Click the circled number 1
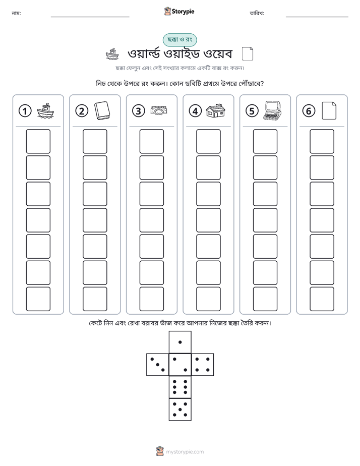click(x=25, y=111)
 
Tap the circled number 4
click(x=195, y=111)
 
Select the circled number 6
click(x=309, y=111)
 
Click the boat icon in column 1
click(x=45, y=111)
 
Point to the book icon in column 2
click(x=102, y=111)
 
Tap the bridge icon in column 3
click(x=159, y=110)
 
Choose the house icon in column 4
click(x=216, y=110)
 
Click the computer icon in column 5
click(x=272, y=110)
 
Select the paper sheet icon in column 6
click(x=329, y=111)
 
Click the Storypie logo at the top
click(x=179, y=11)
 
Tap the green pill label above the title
click(x=179, y=40)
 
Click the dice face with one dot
click(x=180, y=342)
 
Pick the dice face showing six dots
click(x=180, y=387)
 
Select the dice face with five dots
click(x=180, y=410)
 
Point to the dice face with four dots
click(x=203, y=365)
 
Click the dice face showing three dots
click(x=158, y=365)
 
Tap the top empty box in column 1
click(x=38, y=141)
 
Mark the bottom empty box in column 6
click(x=322, y=299)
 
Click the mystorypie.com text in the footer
click(x=185, y=452)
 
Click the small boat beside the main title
click(x=112, y=54)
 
